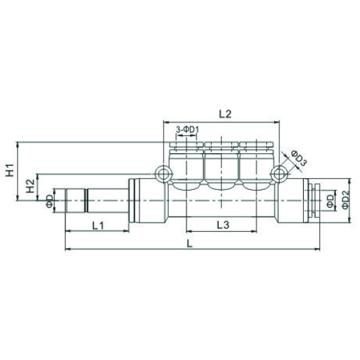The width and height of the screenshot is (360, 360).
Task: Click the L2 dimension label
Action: tap(225, 114)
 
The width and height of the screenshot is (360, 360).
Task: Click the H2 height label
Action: tap(29, 187)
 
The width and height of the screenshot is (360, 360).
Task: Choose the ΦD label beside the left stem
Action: tap(49, 200)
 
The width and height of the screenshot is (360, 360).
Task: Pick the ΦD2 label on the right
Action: tap(345, 200)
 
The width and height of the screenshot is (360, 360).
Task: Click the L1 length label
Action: tap(99, 225)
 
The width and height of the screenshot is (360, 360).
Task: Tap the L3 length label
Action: tap(222, 225)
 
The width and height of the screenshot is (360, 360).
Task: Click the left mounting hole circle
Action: tap(163, 173)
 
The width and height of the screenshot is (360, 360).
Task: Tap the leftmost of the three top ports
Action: tap(187, 164)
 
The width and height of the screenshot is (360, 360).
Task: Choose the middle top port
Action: tap(222, 164)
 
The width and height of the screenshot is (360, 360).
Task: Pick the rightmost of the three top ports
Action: tap(257, 164)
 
